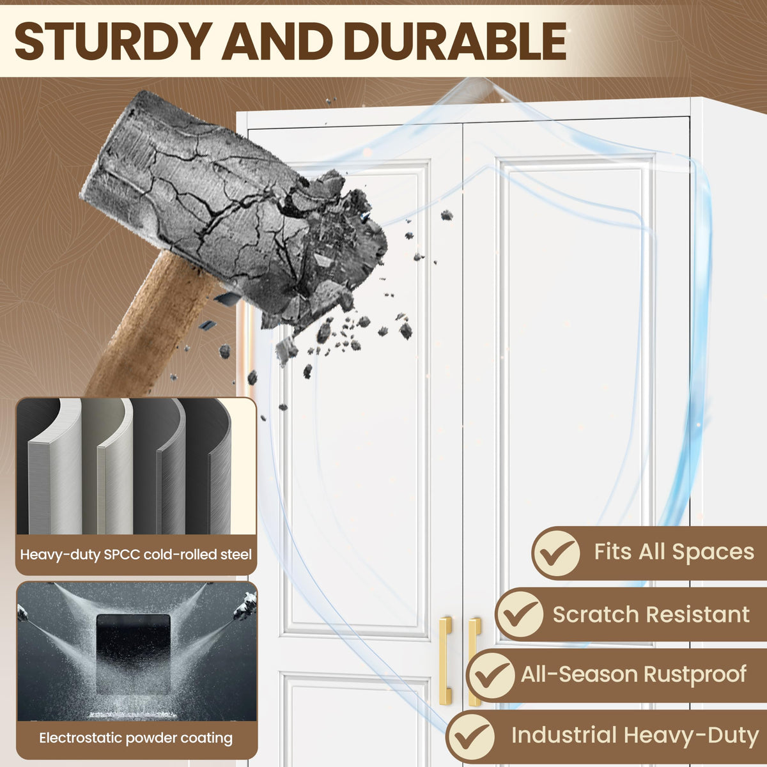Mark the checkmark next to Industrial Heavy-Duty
pyautogui.click(x=470, y=736)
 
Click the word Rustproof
pyautogui.click(x=695, y=676)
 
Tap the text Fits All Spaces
pyautogui.click(x=674, y=552)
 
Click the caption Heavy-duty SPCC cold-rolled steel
pyautogui.click(x=136, y=555)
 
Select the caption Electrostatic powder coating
pyautogui.click(x=136, y=738)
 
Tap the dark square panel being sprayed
pyautogui.click(x=134, y=653)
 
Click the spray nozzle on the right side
pyautogui.click(x=245, y=605)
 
